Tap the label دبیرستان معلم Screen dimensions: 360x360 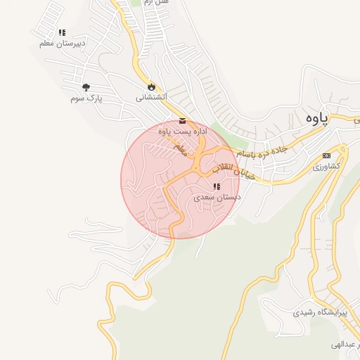(x=63, y=43)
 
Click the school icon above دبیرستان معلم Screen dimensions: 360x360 (x=63, y=32)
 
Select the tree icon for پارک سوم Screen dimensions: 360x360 (x=86, y=87)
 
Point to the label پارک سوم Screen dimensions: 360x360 (x=86, y=98)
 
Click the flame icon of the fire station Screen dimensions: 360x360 (x=150, y=87)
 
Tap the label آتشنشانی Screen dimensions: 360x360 (x=151, y=98)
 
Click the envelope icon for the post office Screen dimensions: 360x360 (x=183, y=120)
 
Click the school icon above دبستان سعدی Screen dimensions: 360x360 (x=217, y=187)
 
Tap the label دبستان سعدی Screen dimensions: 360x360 (x=217, y=198)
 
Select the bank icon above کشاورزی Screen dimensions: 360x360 (x=326, y=155)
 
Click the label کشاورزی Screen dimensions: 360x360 (x=326, y=166)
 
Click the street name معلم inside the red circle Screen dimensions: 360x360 (x=180, y=150)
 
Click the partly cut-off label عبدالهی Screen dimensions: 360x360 (x=344, y=345)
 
